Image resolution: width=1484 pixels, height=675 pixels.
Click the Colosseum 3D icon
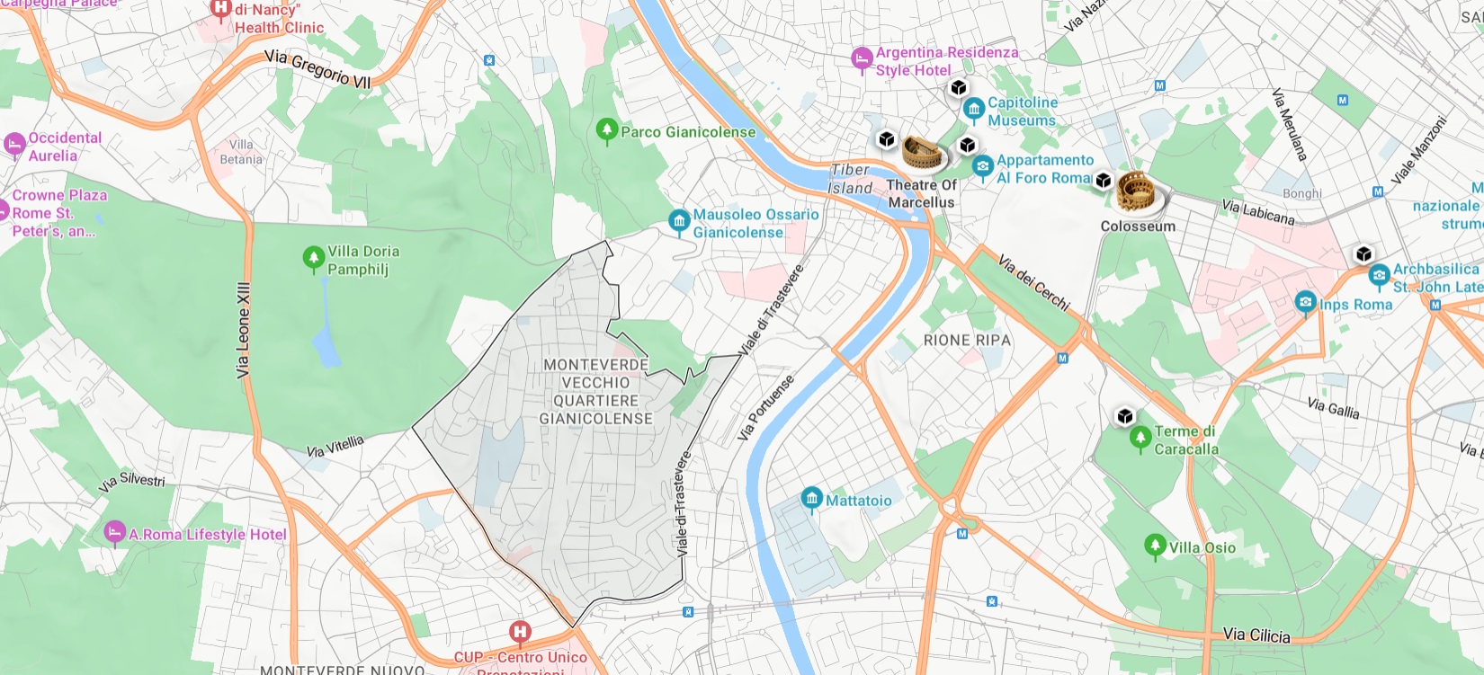[x=1136, y=192]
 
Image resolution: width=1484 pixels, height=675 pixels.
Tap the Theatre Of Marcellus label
[x=921, y=193]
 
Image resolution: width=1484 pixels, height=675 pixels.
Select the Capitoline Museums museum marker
[x=973, y=111]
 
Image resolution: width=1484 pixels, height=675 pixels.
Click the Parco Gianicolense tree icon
[x=607, y=131]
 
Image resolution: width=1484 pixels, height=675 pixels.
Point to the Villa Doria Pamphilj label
[x=363, y=260]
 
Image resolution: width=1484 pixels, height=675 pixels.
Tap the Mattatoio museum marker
[x=811, y=499]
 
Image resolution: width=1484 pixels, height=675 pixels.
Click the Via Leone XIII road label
[x=243, y=329]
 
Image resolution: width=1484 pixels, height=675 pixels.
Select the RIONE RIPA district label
[x=967, y=340]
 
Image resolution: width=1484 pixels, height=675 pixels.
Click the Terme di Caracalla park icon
[x=1140, y=438]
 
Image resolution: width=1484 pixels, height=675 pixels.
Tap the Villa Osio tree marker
[x=1156, y=546]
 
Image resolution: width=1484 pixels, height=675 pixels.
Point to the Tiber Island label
[x=850, y=179]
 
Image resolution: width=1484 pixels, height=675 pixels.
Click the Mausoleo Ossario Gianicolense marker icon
[x=679, y=220]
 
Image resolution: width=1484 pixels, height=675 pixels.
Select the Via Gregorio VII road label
[x=317, y=69]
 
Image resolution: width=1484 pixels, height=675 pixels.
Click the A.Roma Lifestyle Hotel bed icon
[x=114, y=532]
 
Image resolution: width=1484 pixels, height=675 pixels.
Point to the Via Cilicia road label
[x=1256, y=635]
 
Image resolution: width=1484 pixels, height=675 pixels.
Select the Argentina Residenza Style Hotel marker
[x=862, y=59]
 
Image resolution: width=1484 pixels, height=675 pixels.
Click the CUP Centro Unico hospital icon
[x=520, y=632]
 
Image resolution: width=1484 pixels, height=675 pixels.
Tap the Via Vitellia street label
[x=335, y=446]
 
